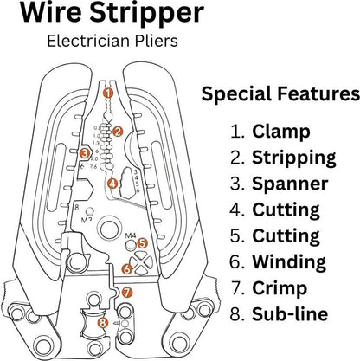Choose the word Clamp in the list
[x=282, y=132]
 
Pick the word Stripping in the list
[x=294, y=158]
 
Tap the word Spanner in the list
[x=290, y=184]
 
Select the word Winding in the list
[x=290, y=261]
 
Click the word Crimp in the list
[x=280, y=287]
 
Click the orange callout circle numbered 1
[x=107, y=92]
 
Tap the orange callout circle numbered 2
[x=119, y=132]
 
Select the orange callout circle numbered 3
[x=85, y=153]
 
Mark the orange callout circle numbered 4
[x=112, y=184]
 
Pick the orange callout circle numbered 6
[x=126, y=269]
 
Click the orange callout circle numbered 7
[x=126, y=293]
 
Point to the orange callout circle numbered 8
[x=103, y=323]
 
